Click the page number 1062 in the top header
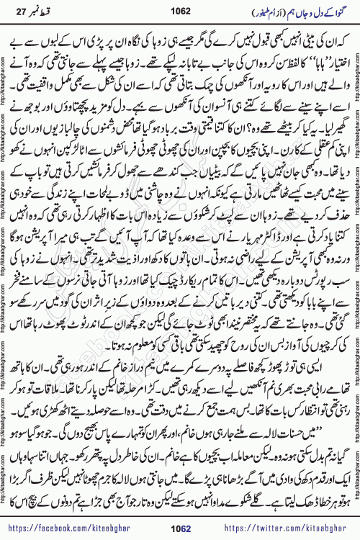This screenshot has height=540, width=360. point(180,12)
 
